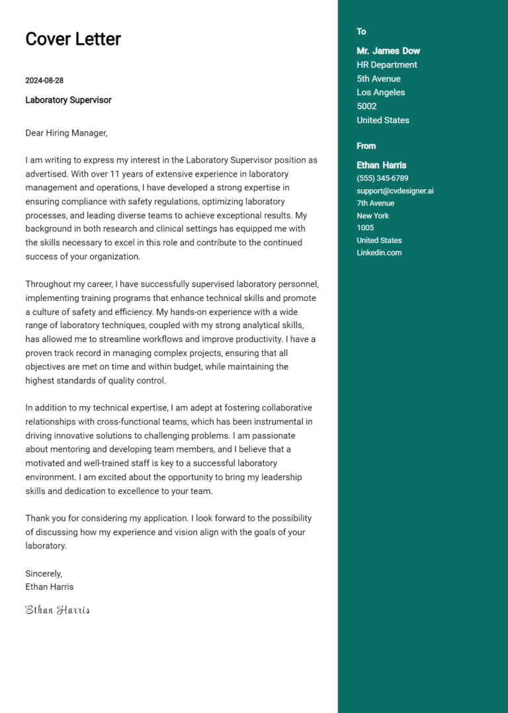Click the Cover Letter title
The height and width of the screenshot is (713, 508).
[73, 39]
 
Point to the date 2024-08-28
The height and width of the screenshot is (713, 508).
[44, 81]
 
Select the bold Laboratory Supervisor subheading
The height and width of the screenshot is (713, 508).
[68, 100]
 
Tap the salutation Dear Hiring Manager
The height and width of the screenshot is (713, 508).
[66, 133]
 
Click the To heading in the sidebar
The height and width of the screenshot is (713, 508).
[361, 32]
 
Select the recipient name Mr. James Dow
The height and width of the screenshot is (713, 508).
[388, 51]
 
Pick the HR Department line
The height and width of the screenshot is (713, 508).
[387, 65]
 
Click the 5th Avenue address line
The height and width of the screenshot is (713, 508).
[378, 79]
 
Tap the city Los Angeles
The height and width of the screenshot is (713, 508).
[380, 93]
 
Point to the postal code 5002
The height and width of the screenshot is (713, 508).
[366, 106]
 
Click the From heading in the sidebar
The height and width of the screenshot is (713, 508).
[366, 146]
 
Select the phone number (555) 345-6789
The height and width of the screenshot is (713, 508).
[382, 179]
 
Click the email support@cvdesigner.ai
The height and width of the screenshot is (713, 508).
[395, 191]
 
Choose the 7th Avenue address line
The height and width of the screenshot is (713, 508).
[375, 203]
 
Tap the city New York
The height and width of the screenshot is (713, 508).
[372, 216]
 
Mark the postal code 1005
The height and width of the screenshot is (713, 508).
[365, 228]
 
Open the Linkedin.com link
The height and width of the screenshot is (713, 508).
[379, 253]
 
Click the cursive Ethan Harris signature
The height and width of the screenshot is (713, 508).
[58, 610]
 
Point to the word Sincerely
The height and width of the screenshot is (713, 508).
[44, 573]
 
